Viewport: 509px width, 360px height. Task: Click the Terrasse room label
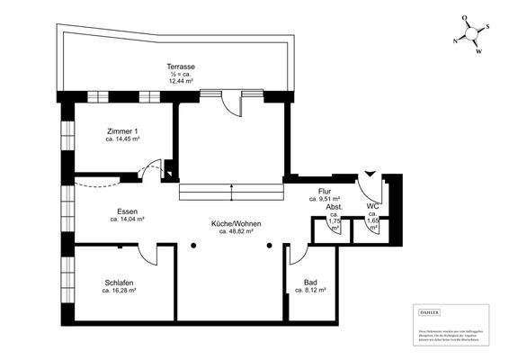(x=182, y=67)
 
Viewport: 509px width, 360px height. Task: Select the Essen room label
(x=127, y=211)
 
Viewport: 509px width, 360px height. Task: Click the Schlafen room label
(x=119, y=283)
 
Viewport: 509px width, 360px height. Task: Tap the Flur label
(x=325, y=191)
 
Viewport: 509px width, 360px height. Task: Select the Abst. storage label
(x=335, y=206)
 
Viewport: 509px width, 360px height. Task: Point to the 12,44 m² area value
(x=182, y=81)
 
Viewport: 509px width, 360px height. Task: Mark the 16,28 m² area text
(x=119, y=291)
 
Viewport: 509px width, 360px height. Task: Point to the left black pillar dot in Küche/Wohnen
(x=193, y=244)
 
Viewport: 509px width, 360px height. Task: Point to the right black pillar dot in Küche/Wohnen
(x=268, y=244)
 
